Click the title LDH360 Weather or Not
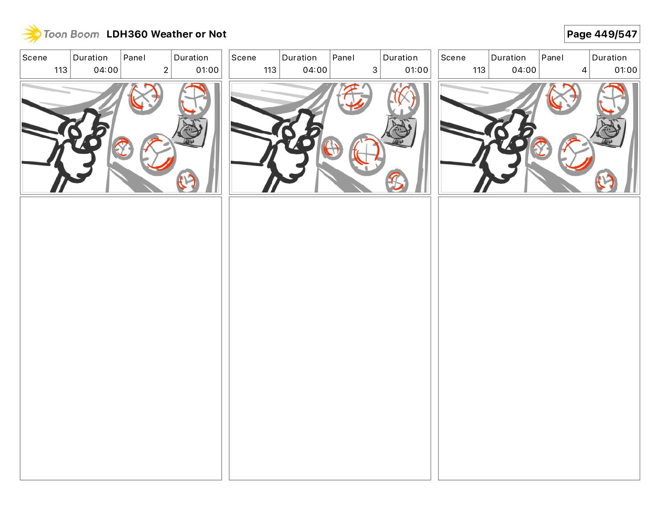coord(167,34)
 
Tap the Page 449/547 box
coord(602,34)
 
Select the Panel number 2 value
coord(166,70)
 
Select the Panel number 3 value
coord(375,70)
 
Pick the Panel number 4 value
coord(584,70)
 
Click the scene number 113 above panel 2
coord(61,70)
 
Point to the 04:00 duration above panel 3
coord(315,70)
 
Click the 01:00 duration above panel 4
coord(626,70)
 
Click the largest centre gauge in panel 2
coord(158,154)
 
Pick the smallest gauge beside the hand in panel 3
coord(332,148)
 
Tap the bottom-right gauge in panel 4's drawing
coord(606,181)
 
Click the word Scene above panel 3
coord(243,58)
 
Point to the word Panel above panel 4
coord(553,58)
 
